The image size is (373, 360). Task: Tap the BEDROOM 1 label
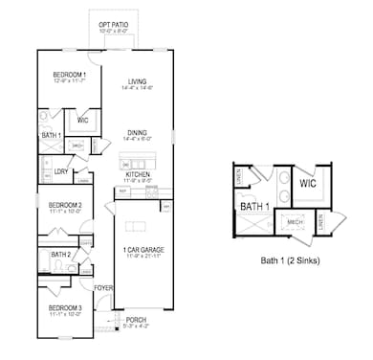coord(69,75)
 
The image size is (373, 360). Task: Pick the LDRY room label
coord(59,171)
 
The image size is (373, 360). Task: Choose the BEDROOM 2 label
coord(66,205)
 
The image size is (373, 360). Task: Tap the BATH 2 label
coord(60,255)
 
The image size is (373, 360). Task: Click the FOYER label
coord(103,287)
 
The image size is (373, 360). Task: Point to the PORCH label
coord(136,320)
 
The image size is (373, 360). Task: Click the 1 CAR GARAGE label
coord(141,250)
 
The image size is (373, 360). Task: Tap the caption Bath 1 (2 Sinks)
coord(290,259)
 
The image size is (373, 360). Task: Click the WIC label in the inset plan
coord(307,183)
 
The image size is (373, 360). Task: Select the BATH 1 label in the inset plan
coord(255,206)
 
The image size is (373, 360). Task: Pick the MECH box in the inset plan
coord(296,221)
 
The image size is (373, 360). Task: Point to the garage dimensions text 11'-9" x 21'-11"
coord(141,258)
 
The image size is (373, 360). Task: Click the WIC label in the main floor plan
coord(82,121)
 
